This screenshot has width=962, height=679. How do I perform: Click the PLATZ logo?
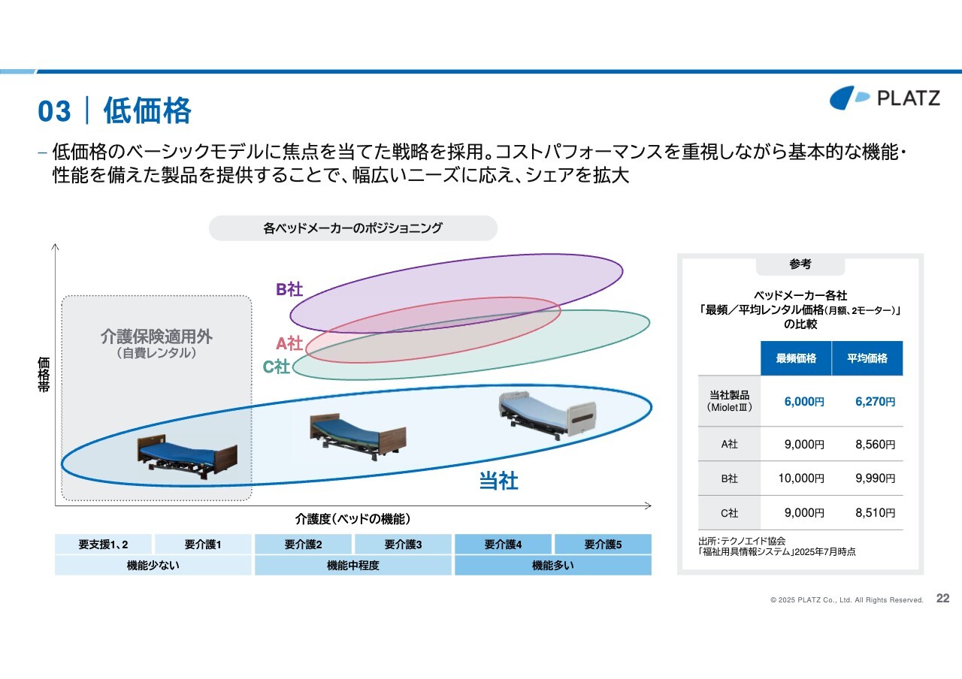pos(885,98)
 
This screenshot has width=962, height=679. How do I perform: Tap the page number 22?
pos(942,599)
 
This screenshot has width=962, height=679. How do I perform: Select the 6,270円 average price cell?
pos(875,402)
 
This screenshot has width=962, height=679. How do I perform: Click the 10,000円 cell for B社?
pos(801,478)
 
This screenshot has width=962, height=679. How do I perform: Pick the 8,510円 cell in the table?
pos(875,512)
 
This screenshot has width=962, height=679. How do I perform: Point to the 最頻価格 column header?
pos(796,358)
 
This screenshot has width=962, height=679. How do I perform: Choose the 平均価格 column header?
pos(867,358)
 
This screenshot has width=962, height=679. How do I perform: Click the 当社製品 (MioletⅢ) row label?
pos(729,401)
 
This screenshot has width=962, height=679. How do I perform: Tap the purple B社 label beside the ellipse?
pos(289,289)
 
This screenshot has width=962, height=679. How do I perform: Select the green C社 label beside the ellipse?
pos(276,367)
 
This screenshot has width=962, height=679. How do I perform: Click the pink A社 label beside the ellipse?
pos(289,343)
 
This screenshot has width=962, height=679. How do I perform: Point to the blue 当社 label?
pos(498,481)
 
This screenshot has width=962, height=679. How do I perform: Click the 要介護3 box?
pos(403,545)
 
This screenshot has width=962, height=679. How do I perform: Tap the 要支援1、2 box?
pos(103,545)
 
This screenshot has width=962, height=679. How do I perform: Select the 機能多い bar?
pos(553,566)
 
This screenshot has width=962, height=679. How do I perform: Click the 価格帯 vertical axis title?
pos(44,374)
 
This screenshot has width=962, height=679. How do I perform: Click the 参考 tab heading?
pos(800,264)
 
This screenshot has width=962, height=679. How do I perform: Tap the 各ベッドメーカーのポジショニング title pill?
pos(353,228)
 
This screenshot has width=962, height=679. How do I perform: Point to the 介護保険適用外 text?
pos(156,336)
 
